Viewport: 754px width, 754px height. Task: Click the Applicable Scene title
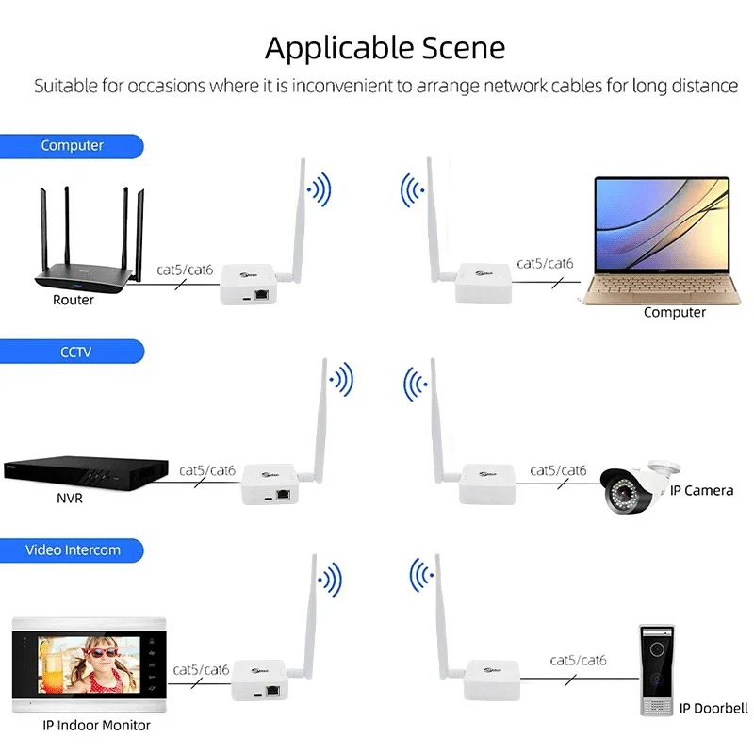(385, 47)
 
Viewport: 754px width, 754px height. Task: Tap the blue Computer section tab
(72, 146)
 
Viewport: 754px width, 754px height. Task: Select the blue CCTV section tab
(72, 352)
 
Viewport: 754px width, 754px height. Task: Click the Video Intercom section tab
(72, 549)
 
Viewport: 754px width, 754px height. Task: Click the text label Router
(74, 300)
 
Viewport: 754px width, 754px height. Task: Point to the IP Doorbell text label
(713, 708)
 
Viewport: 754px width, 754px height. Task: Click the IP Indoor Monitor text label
(96, 725)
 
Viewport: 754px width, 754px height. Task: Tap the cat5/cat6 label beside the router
(185, 270)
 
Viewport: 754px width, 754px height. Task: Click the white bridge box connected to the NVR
(270, 484)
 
